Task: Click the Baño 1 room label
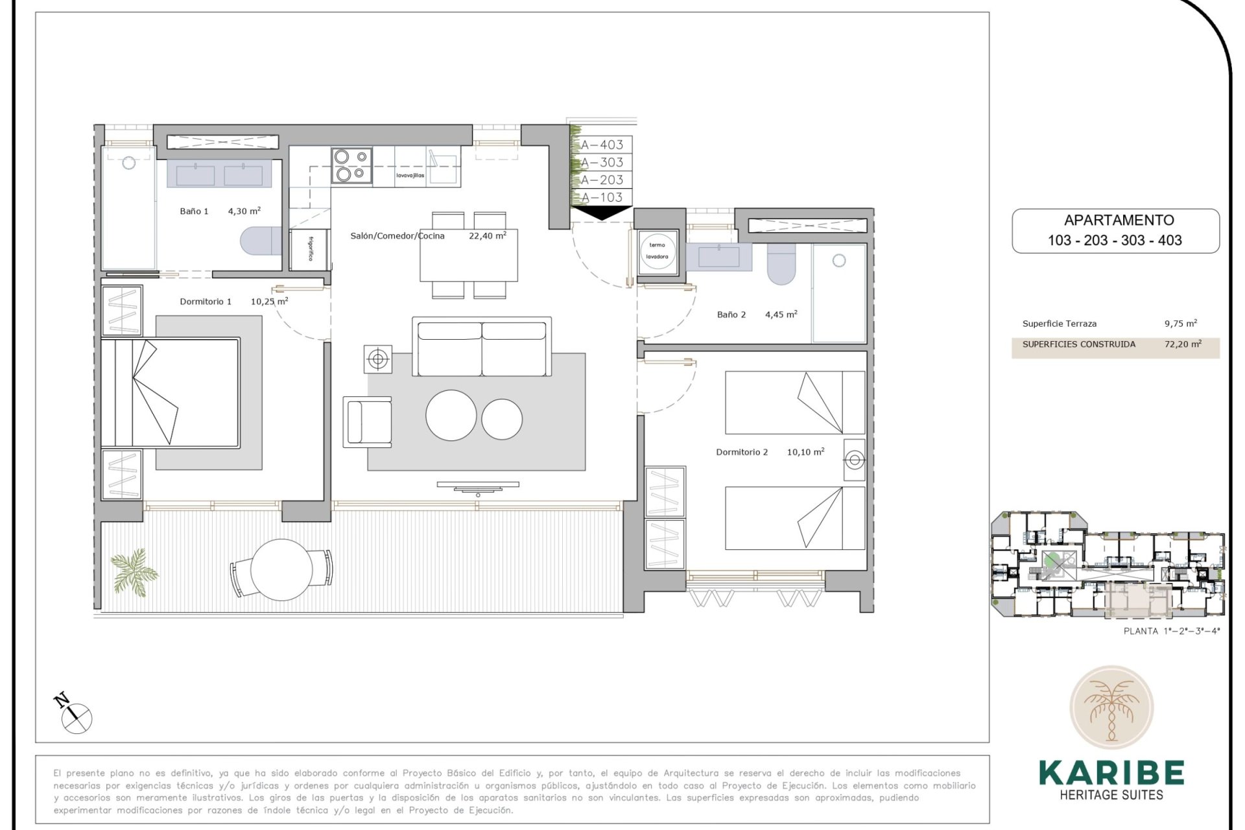(x=194, y=211)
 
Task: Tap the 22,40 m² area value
(x=487, y=236)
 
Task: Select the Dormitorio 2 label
(x=741, y=452)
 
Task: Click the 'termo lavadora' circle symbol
(x=657, y=251)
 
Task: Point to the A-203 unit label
(x=602, y=180)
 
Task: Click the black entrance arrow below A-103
(x=602, y=213)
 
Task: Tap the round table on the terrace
(x=281, y=569)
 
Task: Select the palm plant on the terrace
(x=134, y=571)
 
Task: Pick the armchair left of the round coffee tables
(x=367, y=421)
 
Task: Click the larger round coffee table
(x=451, y=416)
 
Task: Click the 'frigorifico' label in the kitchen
(x=311, y=248)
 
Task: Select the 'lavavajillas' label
(x=410, y=176)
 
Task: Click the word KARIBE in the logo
(x=1111, y=773)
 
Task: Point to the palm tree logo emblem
(x=1111, y=707)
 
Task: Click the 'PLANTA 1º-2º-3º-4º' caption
(x=1171, y=630)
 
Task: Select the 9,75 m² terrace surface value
(x=1180, y=324)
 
